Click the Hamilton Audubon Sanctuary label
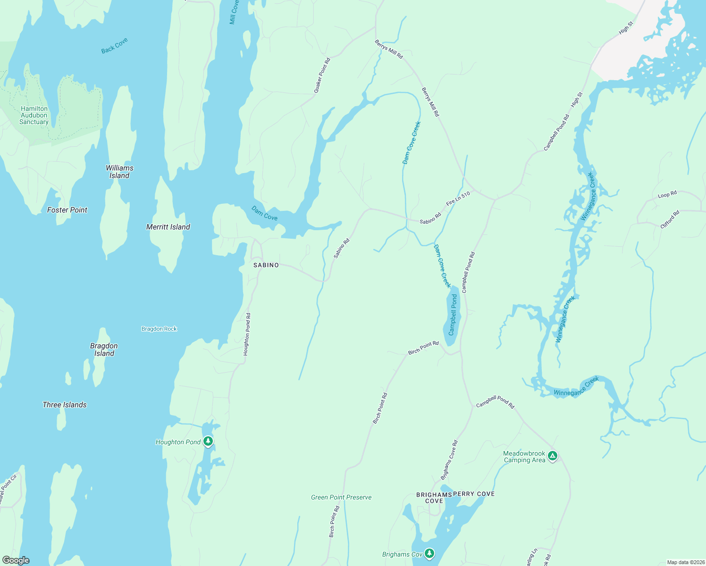tap(34, 115)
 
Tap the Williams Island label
tap(119, 172)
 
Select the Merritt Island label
tap(168, 227)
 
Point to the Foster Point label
tap(67, 210)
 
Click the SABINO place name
tap(266, 265)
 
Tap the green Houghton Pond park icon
tap(208, 441)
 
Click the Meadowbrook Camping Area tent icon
tap(553, 456)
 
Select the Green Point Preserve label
tap(341, 497)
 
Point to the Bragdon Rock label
tap(159, 329)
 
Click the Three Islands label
tap(65, 405)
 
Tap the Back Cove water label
tap(115, 46)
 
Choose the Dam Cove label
tap(264, 213)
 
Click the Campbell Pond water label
tap(453, 315)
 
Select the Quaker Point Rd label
tap(322, 75)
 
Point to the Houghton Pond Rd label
tap(247, 334)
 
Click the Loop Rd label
tap(667, 194)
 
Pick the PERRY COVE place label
tap(474, 494)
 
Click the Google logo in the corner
tap(16, 560)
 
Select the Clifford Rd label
tap(670, 220)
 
